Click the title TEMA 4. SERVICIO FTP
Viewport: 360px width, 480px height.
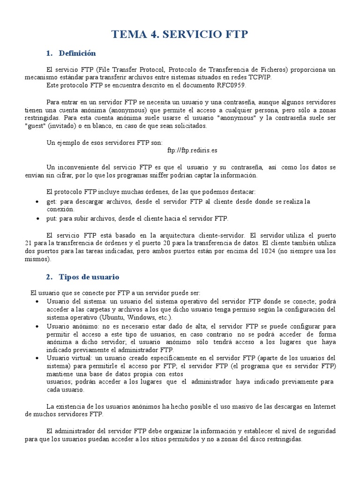180,34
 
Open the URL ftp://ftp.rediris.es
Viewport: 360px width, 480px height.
192,151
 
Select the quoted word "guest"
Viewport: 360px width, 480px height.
35,126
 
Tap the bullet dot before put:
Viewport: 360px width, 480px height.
37,219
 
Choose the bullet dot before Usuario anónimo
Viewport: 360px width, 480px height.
37,326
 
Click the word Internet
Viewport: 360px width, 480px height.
323,406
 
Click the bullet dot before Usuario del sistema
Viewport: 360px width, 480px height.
37,301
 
